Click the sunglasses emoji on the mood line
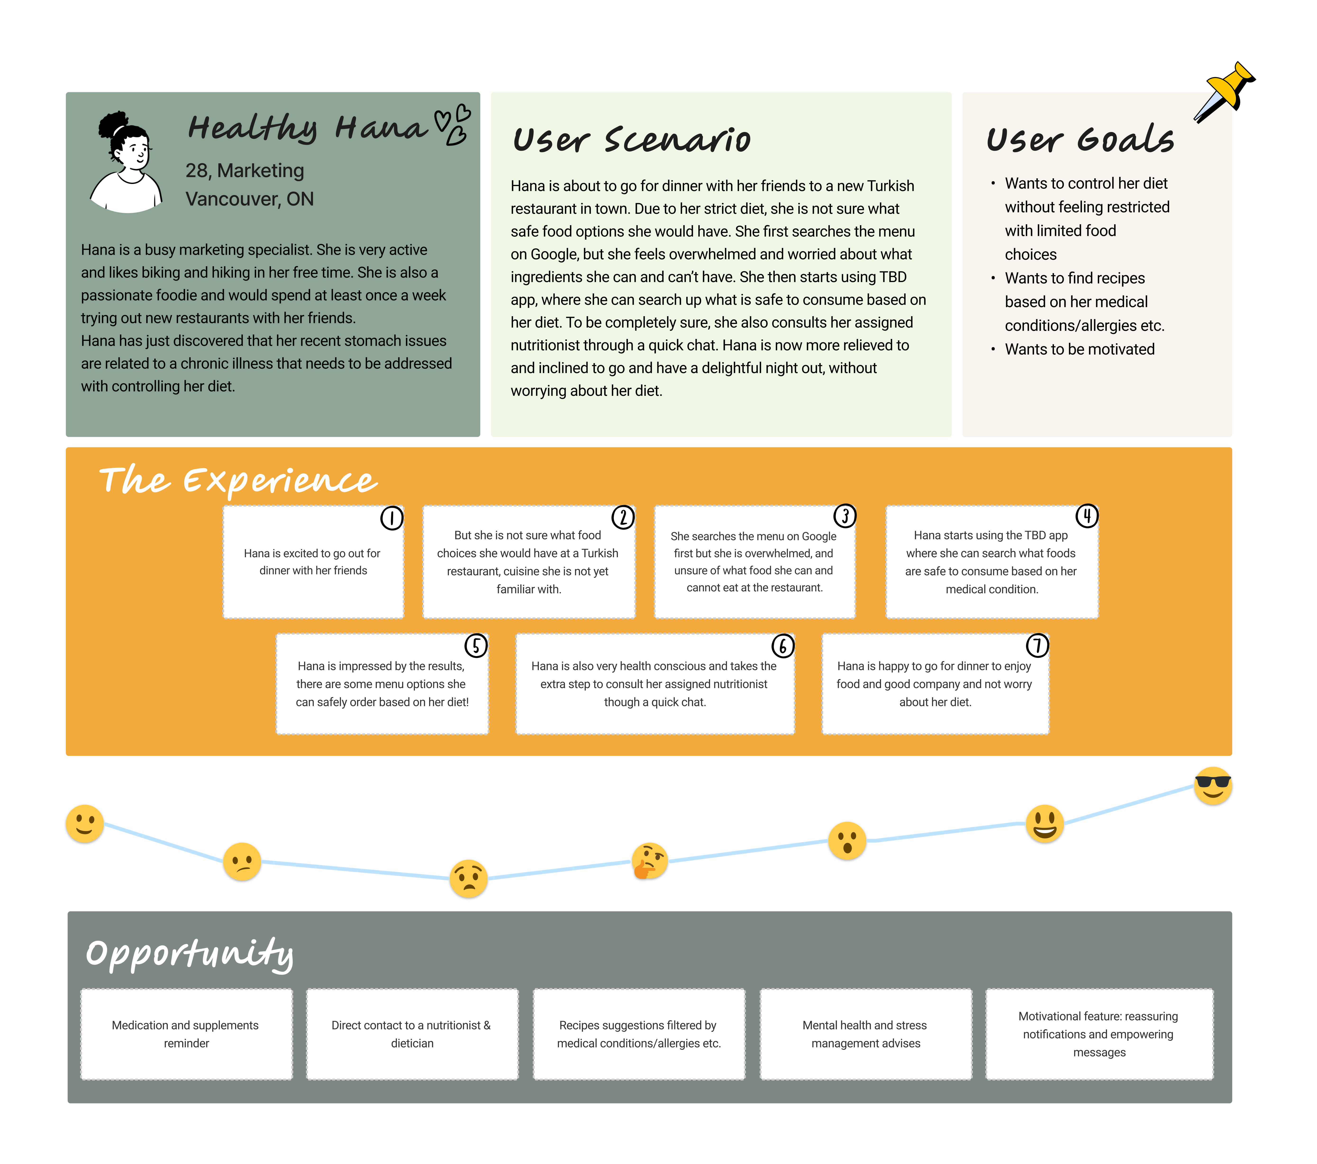pyautogui.click(x=1213, y=786)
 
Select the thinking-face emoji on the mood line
pyautogui.click(x=649, y=861)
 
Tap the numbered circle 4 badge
pyautogui.click(x=1087, y=516)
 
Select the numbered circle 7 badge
pyautogui.click(x=1037, y=645)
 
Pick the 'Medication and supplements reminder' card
pyautogui.click(x=186, y=1034)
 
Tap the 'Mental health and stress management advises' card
pyautogui.click(x=865, y=1034)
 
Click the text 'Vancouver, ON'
pyautogui.click(x=249, y=199)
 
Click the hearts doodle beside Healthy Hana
pyautogui.click(x=454, y=124)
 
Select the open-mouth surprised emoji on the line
pyautogui.click(x=847, y=841)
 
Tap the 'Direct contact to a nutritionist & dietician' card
pyautogui.click(x=412, y=1034)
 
